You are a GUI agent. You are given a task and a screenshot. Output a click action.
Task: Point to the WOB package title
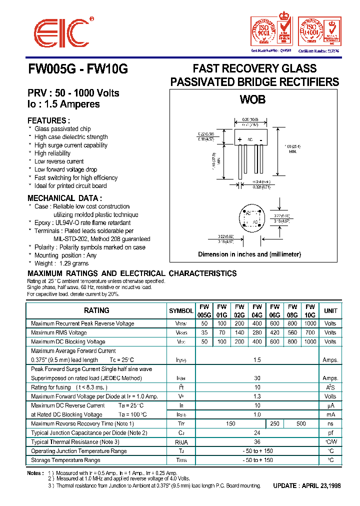(252, 99)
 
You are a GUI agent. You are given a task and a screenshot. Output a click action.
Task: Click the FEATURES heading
(48, 120)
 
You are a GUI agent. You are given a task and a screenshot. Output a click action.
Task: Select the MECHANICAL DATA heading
(65, 198)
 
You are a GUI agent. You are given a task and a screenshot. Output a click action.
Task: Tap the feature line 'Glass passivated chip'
(62, 129)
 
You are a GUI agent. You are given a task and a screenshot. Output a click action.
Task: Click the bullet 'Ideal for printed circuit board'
(70, 186)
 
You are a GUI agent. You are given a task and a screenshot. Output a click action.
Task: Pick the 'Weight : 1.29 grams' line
(61, 263)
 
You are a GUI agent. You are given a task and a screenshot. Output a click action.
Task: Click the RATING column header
(96, 310)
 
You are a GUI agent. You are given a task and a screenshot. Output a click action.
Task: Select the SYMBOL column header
(181, 311)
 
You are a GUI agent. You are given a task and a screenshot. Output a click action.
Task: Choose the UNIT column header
(330, 311)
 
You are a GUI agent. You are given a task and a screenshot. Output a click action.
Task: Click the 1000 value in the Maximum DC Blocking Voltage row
(310, 342)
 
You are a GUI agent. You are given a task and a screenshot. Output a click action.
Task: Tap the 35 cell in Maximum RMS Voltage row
(204, 332)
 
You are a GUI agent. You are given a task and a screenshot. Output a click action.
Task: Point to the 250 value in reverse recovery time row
(274, 423)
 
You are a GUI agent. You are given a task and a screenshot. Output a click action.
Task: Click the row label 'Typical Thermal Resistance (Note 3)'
(75, 442)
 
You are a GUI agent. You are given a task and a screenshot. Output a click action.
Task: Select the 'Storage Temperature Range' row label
(65, 460)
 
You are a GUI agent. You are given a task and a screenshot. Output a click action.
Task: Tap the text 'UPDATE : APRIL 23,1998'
(307, 485)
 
